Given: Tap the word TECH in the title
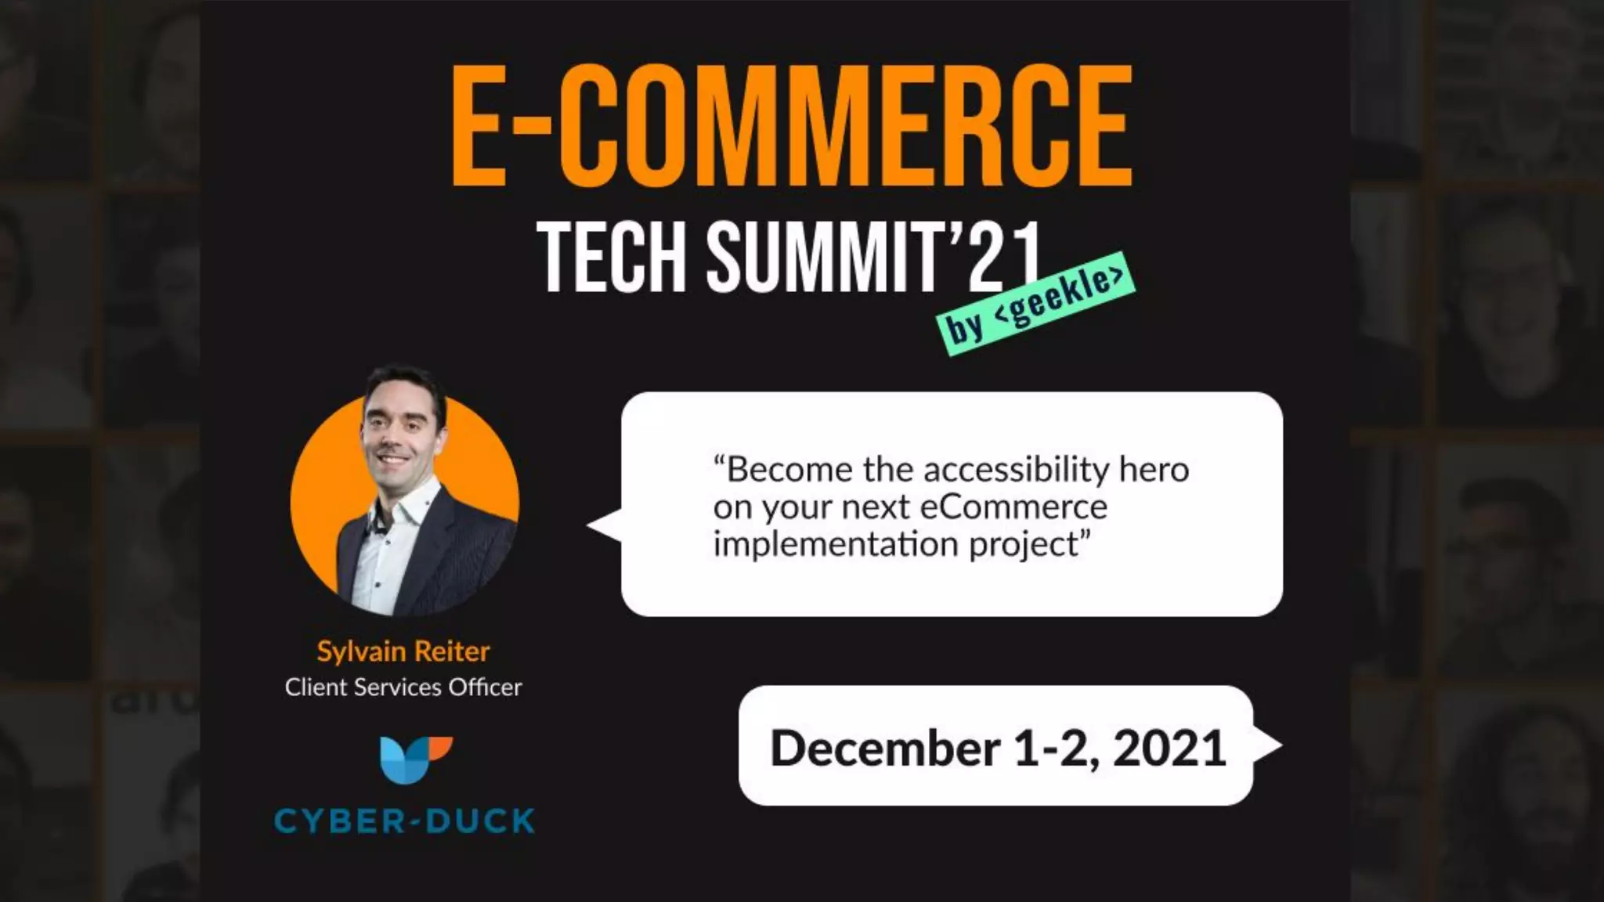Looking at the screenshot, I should [611, 257].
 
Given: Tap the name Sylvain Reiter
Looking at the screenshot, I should [403, 651].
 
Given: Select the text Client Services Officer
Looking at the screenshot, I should [403, 687].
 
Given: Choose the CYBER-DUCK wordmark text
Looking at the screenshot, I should [404, 821].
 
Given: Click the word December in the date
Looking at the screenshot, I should [885, 748].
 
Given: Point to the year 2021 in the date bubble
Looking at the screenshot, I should [1169, 748].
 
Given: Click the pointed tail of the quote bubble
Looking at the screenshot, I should [603, 525].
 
